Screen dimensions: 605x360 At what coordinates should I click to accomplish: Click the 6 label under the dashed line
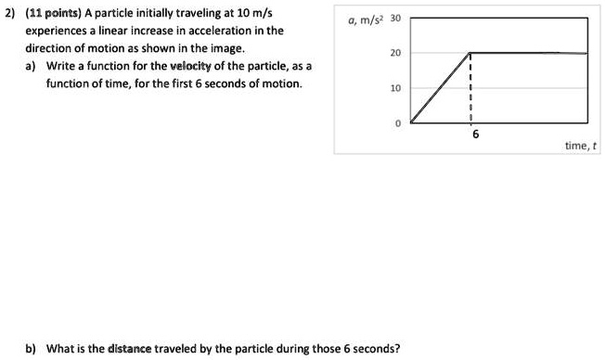[x=475, y=135]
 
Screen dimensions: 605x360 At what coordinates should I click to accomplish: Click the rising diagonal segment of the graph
[x=441, y=88]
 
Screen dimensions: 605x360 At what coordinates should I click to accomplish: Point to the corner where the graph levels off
[x=470, y=53]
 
